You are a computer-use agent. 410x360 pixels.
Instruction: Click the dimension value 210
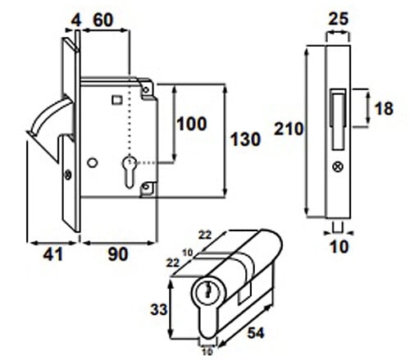pyautogui.click(x=289, y=129)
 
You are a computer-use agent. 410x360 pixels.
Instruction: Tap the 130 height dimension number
pyautogui.click(x=245, y=139)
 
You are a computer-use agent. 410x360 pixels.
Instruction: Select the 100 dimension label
pyautogui.click(x=191, y=124)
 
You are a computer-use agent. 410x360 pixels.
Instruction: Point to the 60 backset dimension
pyautogui.click(x=102, y=20)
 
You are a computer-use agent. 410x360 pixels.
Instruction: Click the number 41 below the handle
pyautogui.click(x=53, y=254)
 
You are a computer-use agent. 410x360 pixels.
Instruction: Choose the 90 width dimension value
pyautogui.click(x=118, y=254)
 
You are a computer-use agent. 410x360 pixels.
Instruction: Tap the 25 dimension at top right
pyautogui.click(x=339, y=19)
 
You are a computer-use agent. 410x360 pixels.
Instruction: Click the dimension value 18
pyautogui.click(x=384, y=108)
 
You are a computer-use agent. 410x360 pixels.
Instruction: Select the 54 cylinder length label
pyautogui.click(x=256, y=333)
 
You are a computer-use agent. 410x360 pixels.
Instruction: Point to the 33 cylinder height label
pyautogui.click(x=159, y=310)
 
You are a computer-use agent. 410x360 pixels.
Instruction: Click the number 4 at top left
pyautogui.click(x=76, y=21)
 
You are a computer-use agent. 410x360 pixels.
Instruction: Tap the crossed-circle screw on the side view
pyautogui.click(x=338, y=166)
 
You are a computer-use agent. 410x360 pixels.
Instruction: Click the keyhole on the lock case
pyautogui.click(x=129, y=171)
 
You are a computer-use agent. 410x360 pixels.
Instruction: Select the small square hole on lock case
pyautogui.click(x=117, y=99)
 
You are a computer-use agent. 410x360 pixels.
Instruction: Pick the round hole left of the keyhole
pyautogui.click(x=93, y=163)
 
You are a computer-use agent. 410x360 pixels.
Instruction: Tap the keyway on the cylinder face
pyautogui.click(x=208, y=290)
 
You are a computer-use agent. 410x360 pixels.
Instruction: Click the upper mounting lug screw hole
pyautogui.click(x=146, y=89)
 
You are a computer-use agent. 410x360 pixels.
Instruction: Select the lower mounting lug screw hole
pyautogui.click(x=146, y=187)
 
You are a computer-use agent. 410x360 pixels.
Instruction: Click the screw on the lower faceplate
pyautogui.click(x=67, y=175)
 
